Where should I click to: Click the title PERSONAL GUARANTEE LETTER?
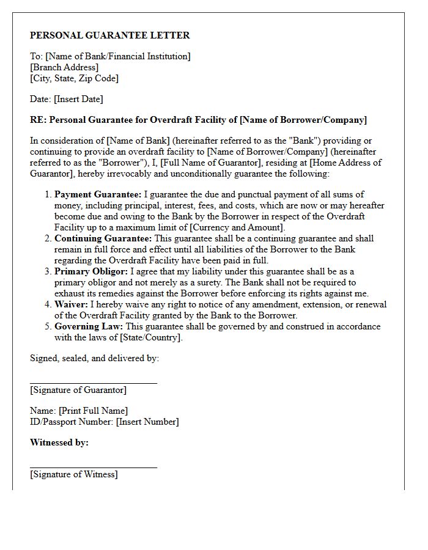click(x=110, y=35)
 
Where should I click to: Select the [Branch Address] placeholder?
click(x=64, y=67)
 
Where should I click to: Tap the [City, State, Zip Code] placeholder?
click(x=74, y=78)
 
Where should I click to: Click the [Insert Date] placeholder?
click(x=78, y=99)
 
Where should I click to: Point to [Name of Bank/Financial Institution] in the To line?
click(x=118, y=56)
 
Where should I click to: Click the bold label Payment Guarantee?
click(x=98, y=194)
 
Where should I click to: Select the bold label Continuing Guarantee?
click(x=104, y=238)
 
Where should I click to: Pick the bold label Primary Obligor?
click(x=91, y=271)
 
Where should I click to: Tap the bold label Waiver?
click(x=72, y=304)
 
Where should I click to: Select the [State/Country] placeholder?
click(x=151, y=337)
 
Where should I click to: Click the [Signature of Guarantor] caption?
click(x=78, y=390)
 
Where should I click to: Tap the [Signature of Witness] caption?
click(x=74, y=474)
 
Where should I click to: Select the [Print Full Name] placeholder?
click(x=93, y=411)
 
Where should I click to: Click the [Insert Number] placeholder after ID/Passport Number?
click(x=147, y=422)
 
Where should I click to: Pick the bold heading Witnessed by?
click(x=59, y=442)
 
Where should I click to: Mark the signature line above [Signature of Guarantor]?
click(x=94, y=383)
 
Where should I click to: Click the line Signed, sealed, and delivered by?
click(x=94, y=358)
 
